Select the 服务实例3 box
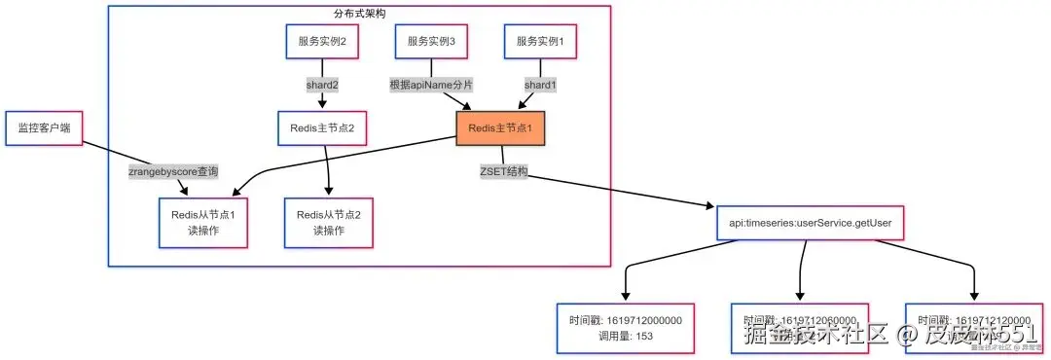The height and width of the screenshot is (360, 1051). click(431, 42)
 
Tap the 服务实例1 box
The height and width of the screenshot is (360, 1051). click(540, 42)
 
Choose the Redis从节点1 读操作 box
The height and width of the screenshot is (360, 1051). click(198, 223)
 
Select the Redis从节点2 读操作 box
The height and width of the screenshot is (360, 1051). click(328, 223)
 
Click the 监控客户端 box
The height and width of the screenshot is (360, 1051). click(43, 128)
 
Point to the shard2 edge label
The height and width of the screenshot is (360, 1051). click(322, 85)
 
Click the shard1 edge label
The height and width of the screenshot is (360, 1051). click(540, 85)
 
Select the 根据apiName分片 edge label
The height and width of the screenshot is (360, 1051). click(431, 85)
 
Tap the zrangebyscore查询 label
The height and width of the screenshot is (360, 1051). click(173, 172)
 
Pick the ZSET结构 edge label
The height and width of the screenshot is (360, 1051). click(503, 172)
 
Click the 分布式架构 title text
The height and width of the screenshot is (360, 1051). click(358, 14)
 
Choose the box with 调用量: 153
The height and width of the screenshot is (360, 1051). click(625, 327)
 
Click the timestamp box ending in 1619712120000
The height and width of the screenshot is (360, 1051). click(973, 327)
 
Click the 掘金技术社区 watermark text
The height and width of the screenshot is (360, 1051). click(817, 336)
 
